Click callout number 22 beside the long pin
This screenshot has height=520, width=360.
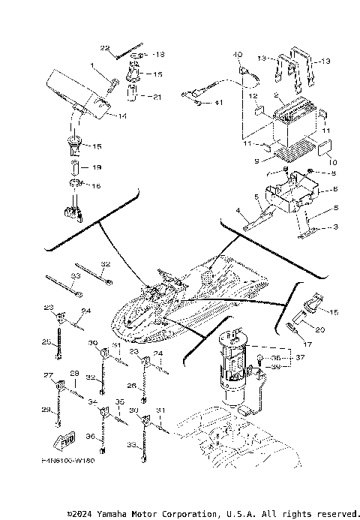(x=105, y=48)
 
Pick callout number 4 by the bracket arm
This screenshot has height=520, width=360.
(x=238, y=212)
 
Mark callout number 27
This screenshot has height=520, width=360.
(x=48, y=375)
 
